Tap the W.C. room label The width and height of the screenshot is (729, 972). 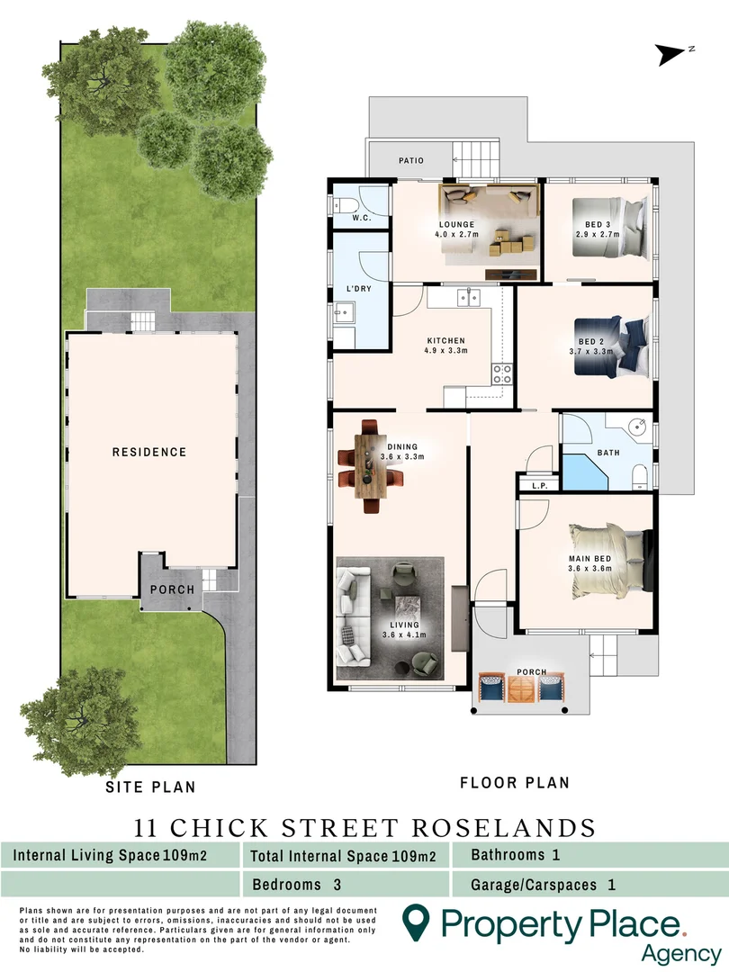(363, 218)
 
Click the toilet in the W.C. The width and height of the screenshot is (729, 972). (346, 206)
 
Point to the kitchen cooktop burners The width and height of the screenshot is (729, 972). (502, 373)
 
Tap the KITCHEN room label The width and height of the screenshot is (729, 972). (446, 341)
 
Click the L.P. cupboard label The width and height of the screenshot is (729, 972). (540, 486)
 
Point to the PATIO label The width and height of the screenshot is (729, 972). (411, 161)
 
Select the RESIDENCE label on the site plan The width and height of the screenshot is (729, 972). (149, 452)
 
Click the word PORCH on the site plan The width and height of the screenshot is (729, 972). (172, 589)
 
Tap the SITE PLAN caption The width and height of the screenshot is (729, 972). (150, 787)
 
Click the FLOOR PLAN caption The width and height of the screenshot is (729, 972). (515, 783)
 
